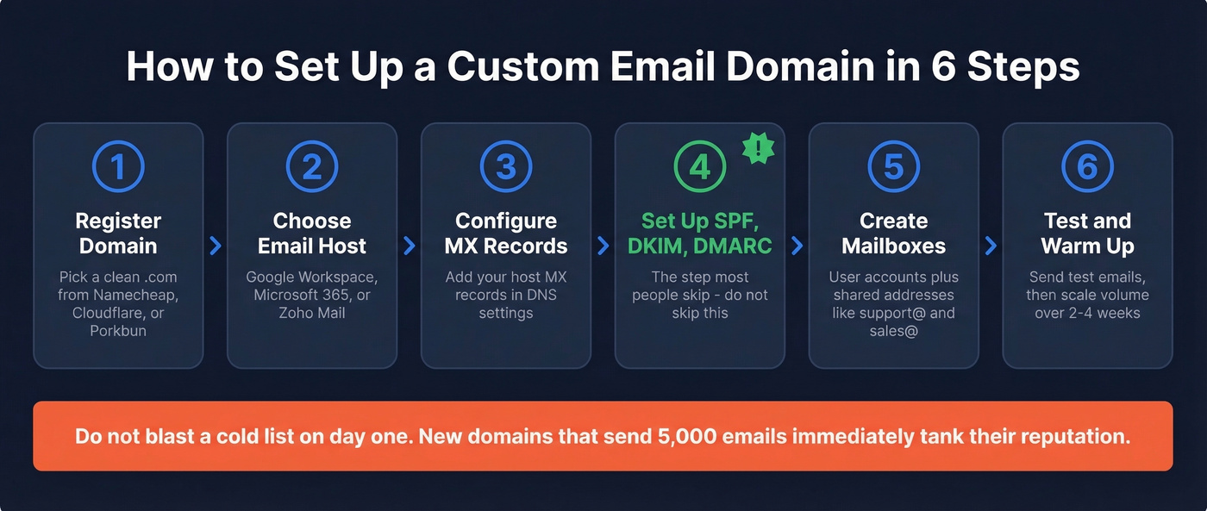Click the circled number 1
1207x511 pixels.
(x=118, y=166)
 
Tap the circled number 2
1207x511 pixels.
(x=312, y=166)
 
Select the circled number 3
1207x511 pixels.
(x=506, y=166)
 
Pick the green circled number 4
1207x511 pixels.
(x=699, y=166)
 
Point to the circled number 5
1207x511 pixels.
(x=894, y=166)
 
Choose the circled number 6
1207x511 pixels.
(x=1087, y=166)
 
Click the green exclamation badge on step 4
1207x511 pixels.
(x=758, y=148)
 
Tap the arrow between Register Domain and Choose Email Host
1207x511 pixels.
(x=216, y=246)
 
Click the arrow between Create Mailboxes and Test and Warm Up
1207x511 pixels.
(x=991, y=246)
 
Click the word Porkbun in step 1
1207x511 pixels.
(x=118, y=331)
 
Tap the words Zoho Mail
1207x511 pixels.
(x=312, y=313)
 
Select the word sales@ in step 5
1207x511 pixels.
(x=894, y=331)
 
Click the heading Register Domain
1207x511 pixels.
(x=118, y=233)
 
